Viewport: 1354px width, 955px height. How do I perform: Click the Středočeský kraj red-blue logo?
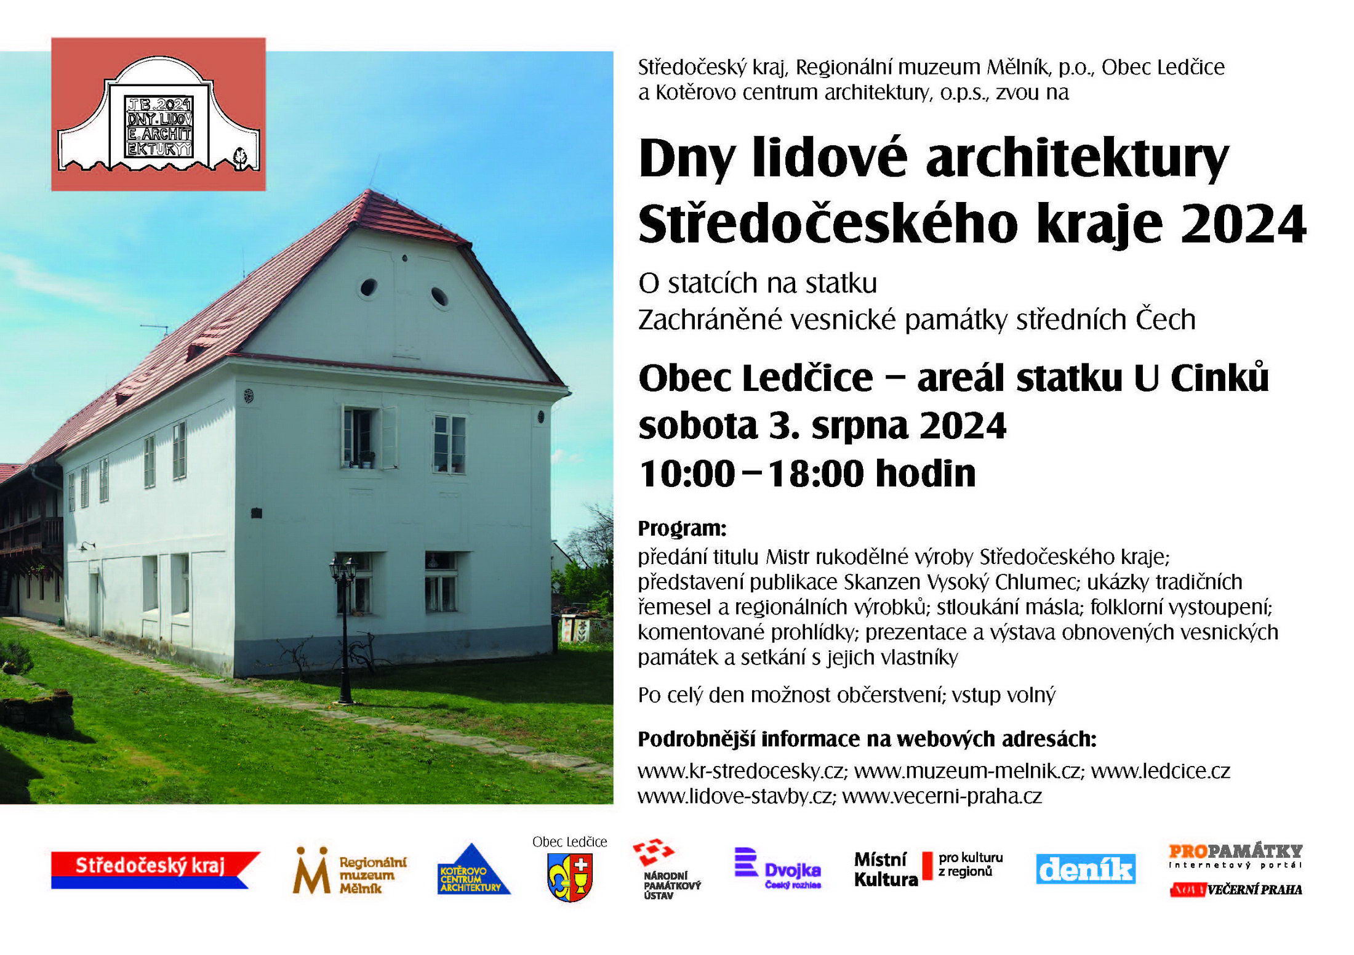click(156, 869)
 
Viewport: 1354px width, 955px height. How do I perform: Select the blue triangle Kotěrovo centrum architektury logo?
click(473, 869)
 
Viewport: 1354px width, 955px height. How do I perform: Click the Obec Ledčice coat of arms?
click(569, 877)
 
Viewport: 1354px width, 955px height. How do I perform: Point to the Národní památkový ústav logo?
click(667, 869)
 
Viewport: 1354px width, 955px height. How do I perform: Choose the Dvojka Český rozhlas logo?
click(778, 869)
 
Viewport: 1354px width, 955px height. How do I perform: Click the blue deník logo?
click(1086, 869)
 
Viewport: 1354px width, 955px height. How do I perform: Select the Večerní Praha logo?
click(1236, 889)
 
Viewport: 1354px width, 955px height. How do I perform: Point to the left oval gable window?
click(368, 287)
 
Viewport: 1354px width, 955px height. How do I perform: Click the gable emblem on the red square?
click(159, 115)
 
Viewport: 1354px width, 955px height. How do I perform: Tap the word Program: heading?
click(682, 528)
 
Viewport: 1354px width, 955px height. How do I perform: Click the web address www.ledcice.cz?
click(1160, 771)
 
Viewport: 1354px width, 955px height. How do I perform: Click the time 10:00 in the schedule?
click(687, 473)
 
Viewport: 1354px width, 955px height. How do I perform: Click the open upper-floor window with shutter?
click(369, 437)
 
